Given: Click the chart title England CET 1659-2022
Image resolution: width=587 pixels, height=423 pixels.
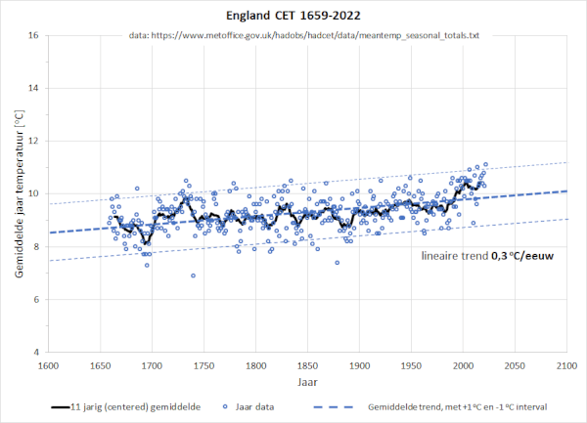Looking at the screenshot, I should pos(293,16).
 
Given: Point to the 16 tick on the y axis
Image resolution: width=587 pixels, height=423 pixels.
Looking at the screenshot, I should pos(33,36).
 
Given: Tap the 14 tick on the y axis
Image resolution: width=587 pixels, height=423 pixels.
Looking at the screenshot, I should pos(33,89).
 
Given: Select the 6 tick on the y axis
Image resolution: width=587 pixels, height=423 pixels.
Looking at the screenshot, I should pos(35,300).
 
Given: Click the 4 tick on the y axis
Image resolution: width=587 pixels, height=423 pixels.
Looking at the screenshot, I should pos(35,352).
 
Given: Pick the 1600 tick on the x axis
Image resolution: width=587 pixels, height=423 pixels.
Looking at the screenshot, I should pos(47,365).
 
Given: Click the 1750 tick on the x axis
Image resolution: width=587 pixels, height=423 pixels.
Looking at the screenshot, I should pos(203,365).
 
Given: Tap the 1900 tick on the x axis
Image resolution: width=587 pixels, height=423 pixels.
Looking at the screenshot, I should pos(358,365).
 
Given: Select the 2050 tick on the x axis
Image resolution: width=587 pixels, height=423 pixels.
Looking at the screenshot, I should pos(514,365).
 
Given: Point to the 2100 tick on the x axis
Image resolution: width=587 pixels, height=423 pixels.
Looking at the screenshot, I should pos(565,365).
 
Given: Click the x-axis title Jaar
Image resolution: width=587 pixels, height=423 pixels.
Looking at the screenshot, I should pos(306,382).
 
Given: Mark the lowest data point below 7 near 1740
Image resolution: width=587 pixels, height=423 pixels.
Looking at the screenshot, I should pos(193,275).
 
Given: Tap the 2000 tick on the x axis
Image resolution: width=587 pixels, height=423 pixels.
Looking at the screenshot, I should pos(462,365).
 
